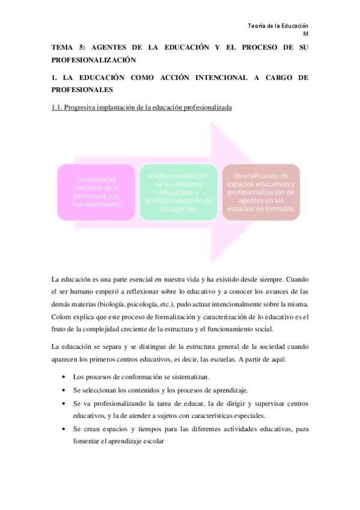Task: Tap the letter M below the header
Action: (305, 34)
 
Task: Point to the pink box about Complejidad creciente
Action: (96, 192)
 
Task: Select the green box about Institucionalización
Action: (179, 192)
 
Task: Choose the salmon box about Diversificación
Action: (261, 192)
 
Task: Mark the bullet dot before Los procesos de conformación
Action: (64, 376)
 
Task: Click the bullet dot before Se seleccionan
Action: (64, 390)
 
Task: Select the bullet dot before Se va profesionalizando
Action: (64, 402)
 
